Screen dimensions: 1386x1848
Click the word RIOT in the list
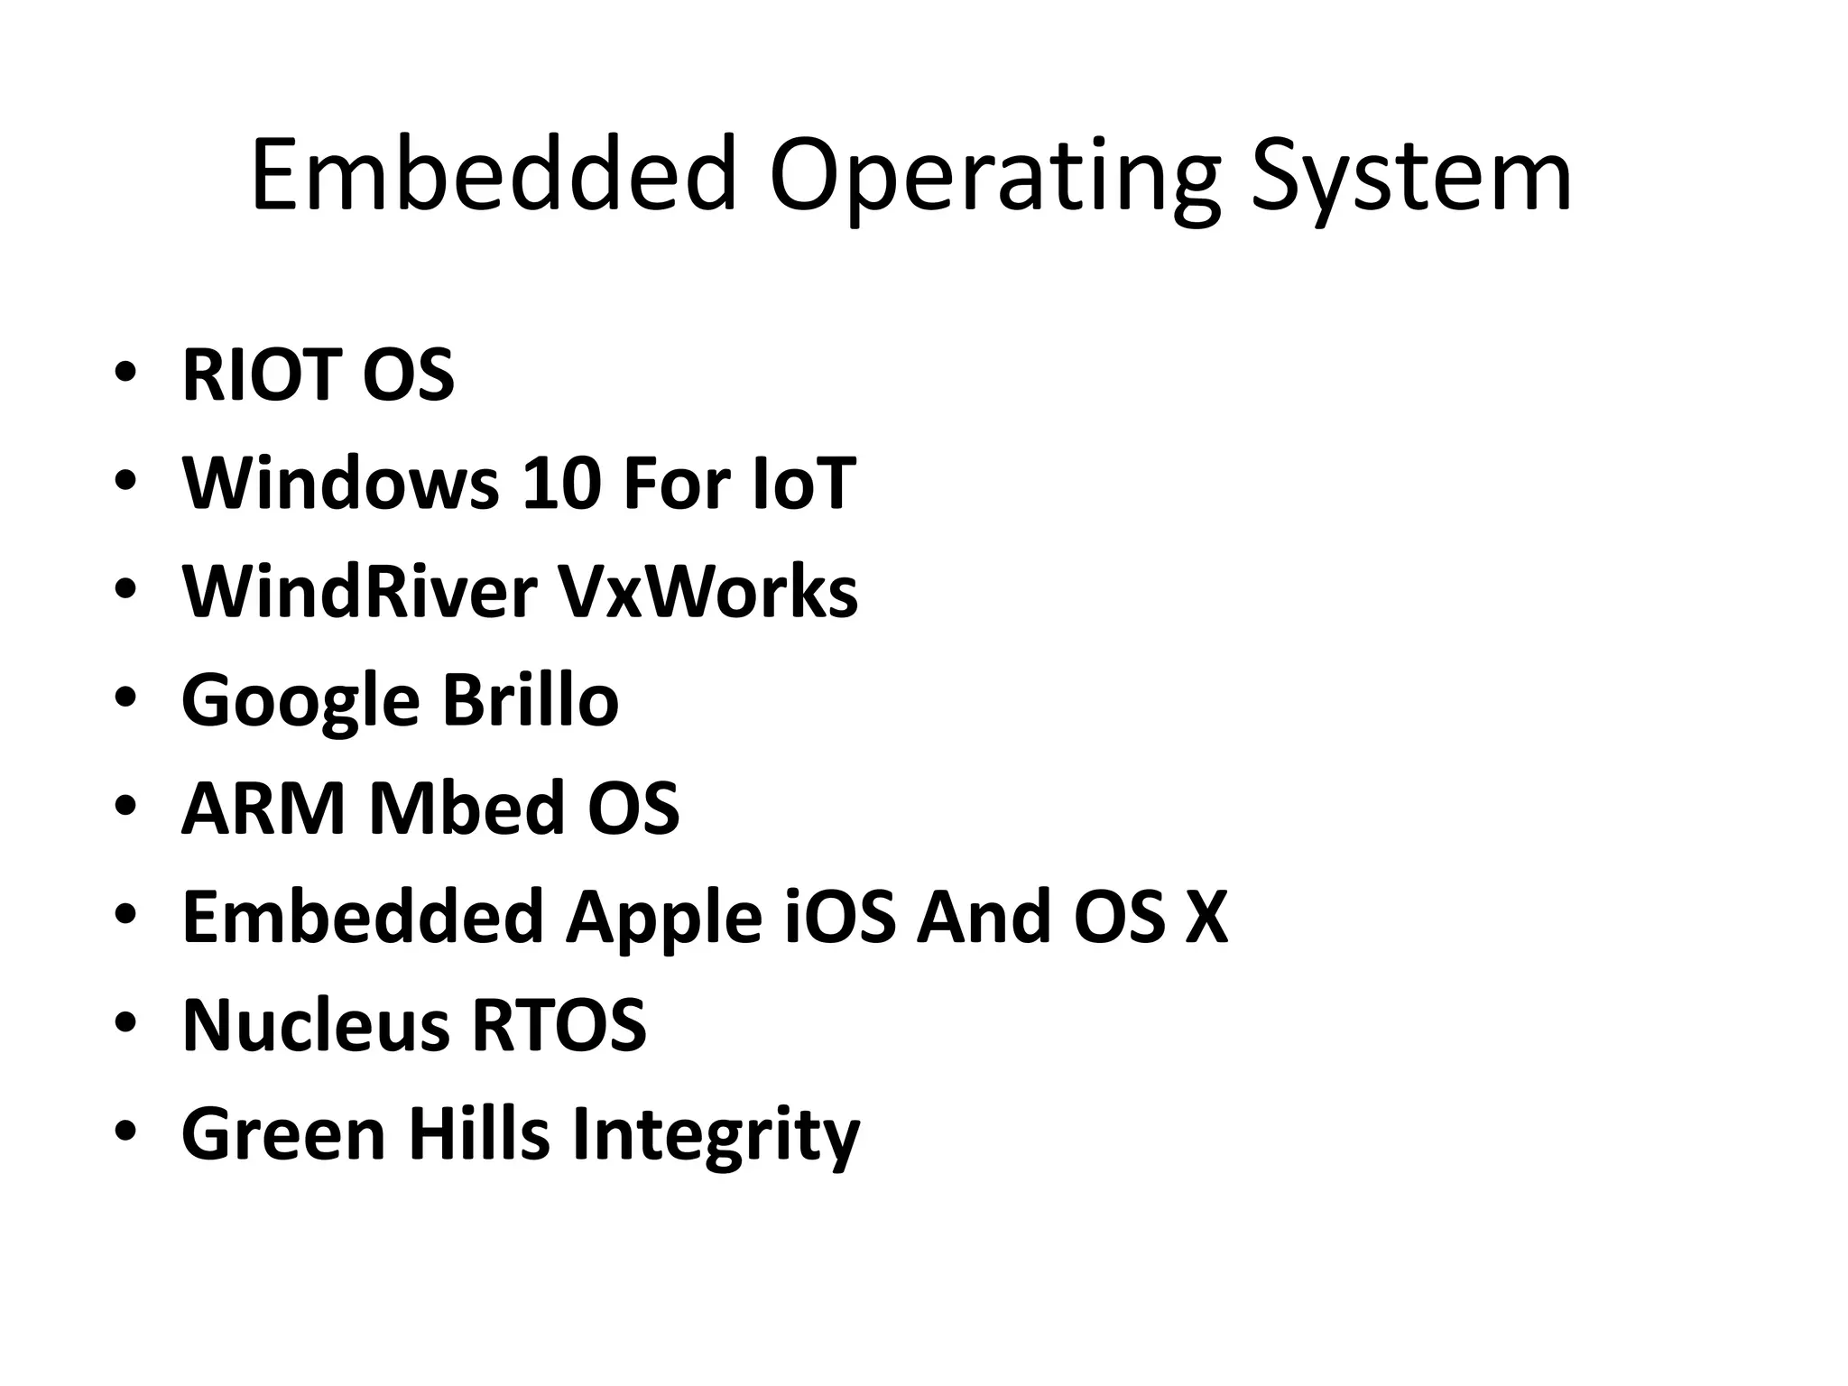pyautogui.click(x=263, y=374)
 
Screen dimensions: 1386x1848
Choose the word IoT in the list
pyautogui.click(x=803, y=483)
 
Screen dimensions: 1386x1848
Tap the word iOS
pyautogui.click(x=840, y=916)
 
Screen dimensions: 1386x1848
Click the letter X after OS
pyautogui.click(x=1206, y=917)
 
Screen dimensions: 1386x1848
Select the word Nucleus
pyautogui.click(x=315, y=1025)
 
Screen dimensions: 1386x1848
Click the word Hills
pyautogui.click(x=478, y=1133)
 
